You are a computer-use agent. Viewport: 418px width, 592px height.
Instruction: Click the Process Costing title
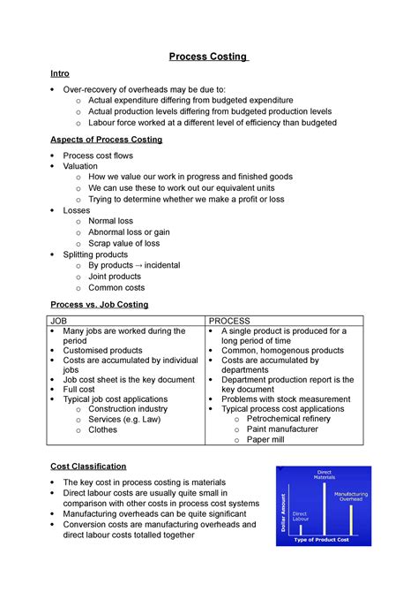[209, 57]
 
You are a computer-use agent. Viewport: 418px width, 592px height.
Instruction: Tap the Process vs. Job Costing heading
[99, 304]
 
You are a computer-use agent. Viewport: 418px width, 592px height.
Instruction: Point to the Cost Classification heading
[88, 466]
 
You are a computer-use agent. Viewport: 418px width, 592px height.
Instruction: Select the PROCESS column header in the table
[229, 320]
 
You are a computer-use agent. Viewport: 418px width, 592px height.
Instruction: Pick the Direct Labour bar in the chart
[300, 527]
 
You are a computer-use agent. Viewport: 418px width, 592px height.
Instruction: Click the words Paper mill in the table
[265, 439]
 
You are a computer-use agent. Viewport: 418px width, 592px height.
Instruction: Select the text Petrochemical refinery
[290, 419]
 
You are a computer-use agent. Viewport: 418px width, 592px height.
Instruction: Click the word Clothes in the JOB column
[102, 429]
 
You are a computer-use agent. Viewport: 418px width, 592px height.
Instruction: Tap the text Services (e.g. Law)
[124, 419]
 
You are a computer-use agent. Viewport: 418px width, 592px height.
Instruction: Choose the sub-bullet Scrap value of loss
[124, 243]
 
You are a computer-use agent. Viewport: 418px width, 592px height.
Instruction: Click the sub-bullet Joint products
[115, 276]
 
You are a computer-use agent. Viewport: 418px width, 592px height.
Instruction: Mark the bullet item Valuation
[81, 165]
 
